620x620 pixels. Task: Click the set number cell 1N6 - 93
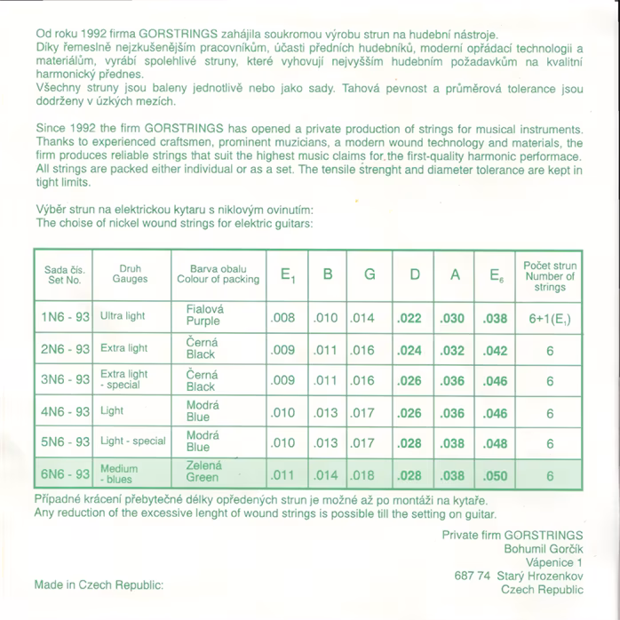(65, 317)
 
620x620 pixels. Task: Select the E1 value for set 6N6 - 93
(282, 475)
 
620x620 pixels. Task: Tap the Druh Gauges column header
(130, 274)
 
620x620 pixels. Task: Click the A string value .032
(453, 350)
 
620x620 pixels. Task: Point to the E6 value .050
(496, 475)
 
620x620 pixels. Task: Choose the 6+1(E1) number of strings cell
(550, 317)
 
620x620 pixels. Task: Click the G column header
(370, 274)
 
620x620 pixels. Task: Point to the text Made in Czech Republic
(99, 585)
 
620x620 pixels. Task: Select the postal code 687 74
(472, 576)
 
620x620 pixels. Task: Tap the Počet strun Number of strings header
(550, 275)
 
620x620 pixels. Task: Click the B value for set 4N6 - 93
(326, 413)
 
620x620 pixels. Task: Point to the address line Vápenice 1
(553, 562)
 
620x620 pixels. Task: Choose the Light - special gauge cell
(133, 441)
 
